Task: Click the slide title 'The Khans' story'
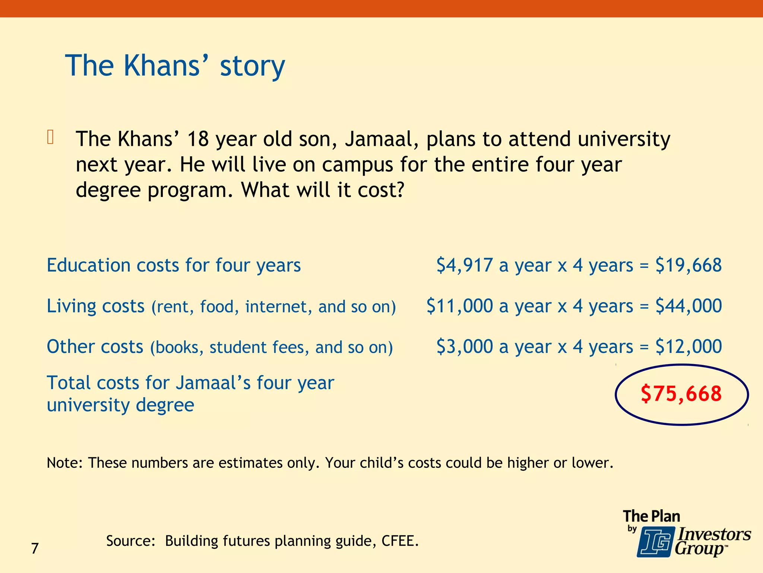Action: point(175,66)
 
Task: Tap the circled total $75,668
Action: point(681,394)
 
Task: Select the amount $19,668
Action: point(688,265)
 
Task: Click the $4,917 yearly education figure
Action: point(465,265)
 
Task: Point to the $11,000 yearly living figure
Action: point(459,306)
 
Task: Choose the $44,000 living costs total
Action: point(688,306)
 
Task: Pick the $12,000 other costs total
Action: point(688,347)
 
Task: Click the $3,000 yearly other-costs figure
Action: point(465,347)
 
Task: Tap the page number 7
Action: point(35,548)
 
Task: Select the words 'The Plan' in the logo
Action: point(651,516)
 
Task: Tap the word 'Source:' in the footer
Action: point(131,541)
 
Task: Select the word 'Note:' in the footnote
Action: point(64,463)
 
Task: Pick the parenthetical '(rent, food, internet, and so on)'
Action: point(273,307)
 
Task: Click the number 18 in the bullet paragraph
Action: point(198,139)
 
